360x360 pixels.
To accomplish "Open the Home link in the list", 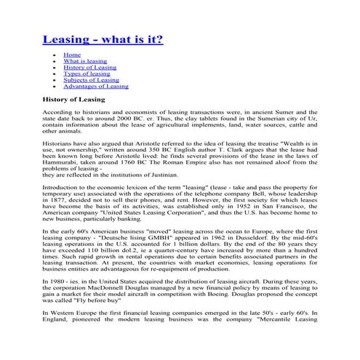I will [x=72, y=55].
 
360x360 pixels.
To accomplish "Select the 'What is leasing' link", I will [x=85, y=62].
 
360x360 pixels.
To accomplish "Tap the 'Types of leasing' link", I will [x=87, y=73].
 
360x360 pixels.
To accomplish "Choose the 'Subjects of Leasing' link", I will [x=90, y=79].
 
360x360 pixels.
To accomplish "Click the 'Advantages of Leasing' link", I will [x=95, y=86].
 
